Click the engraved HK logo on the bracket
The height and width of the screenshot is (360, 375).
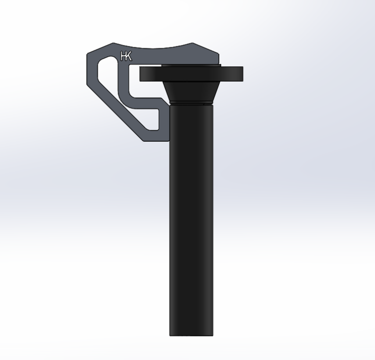(x=126, y=56)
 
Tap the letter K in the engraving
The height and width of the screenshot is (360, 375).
(x=128, y=56)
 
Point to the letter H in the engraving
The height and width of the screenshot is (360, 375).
(x=123, y=56)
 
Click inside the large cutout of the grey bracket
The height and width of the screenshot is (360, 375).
(x=107, y=72)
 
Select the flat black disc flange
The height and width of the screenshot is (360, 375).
(x=191, y=74)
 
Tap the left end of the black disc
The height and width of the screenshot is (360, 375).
(x=140, y=74)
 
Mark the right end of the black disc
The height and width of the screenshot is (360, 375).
(x=243, y=74)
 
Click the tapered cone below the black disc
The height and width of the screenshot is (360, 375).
(x=191, y=91)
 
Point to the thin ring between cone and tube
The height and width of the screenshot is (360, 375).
(x=191, y=103)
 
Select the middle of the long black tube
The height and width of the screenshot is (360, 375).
(x=191, y=220)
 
